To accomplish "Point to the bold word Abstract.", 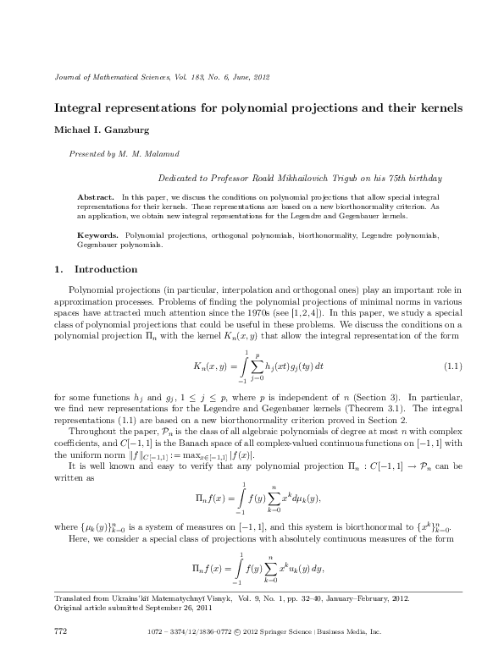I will (x=95, y=196).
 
